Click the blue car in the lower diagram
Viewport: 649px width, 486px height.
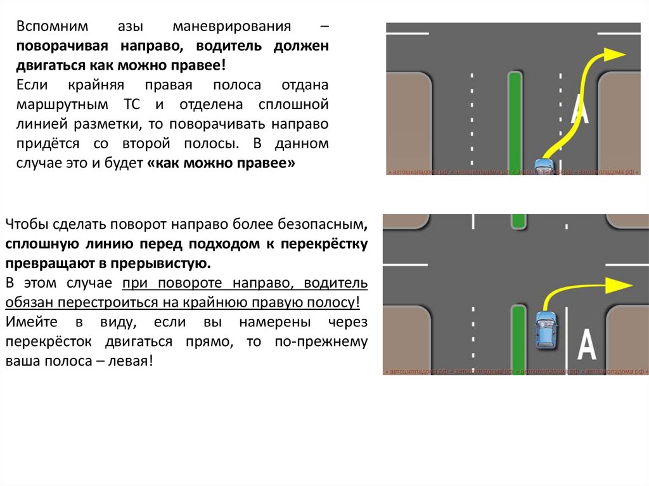tap(546, 329)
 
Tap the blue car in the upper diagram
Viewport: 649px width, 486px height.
tap(544, 166)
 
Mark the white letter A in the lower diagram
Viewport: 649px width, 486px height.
tap(588, 347)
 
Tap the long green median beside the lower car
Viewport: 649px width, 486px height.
tap(518, 339)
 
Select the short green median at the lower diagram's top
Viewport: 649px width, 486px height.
tap(518, 221)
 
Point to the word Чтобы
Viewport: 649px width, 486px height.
tap(25, 224)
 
